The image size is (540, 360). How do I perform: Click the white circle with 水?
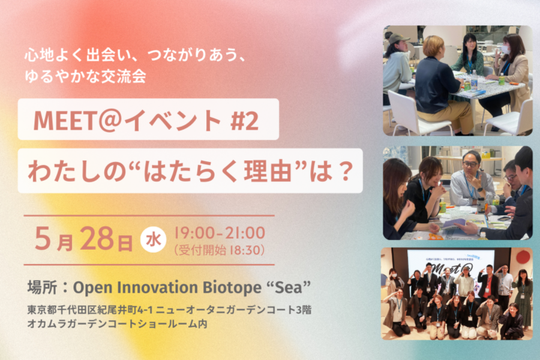click(x=153, y=239)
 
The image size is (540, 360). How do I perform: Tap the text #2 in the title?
click(x=244, y=120)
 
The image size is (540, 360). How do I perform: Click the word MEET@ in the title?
click(x=77, y=120)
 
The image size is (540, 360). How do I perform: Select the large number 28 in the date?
click(x=97, y=238)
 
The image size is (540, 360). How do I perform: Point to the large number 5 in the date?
click(x=43, y=238)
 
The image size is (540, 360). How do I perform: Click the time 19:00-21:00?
click(x=220, y=233)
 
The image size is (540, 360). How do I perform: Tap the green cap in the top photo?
click(x=398, y=38)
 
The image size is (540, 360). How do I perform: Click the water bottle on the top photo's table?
click(x=474, y=80)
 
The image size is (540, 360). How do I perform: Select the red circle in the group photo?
click(x=523, y=256)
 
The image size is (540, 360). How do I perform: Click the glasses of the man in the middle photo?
click(x=470, y=164)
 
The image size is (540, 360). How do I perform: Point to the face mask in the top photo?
click(x=505, y=49)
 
